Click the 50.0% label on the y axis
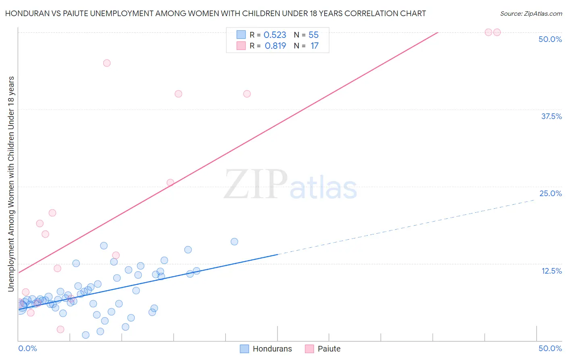(x=550, y=39)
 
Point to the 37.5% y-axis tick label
(x=551, y=116)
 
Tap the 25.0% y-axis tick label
(x=550, y=193)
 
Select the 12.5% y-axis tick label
(x=551, y=271)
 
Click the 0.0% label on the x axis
(x=27, y=348)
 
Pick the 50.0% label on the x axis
(x=550, y=348)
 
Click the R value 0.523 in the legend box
(x=275, y=35)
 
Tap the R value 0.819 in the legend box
(x=275, y=46)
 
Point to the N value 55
(x=313, y=35)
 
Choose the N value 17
(x=314, y=46)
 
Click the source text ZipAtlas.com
(x=531, y=14)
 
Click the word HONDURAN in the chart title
(x=25, y=14)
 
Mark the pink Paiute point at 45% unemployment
(x=107, y=63)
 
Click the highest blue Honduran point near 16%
(x=234, y=242)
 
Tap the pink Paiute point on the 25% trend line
(x=170, y=182)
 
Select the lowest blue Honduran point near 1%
(x=85, y=335)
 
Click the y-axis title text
(x=11, y=184)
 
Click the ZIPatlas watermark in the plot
(x=290, y=185)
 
